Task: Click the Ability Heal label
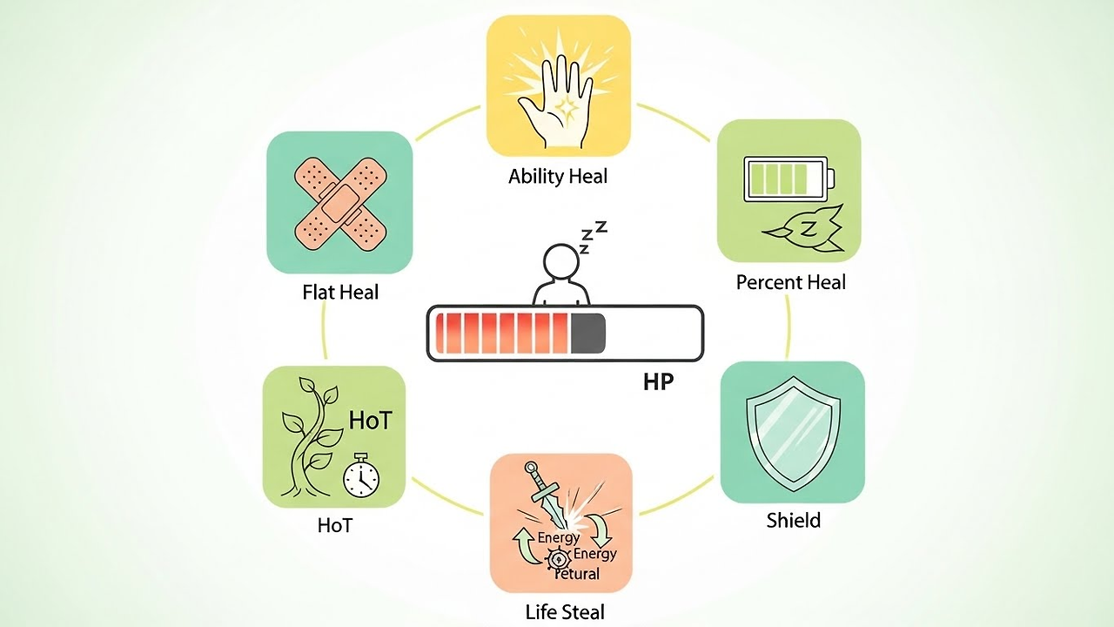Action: (558, 177)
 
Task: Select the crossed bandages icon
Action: (339, 202)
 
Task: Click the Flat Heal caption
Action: (340, 293)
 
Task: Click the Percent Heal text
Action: (790, 282)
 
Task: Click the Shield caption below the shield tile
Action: (793, 521)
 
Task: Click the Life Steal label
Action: (565, 611)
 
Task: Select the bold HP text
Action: (658, 381)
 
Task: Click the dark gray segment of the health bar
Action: (587, 334)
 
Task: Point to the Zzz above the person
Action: (593, 237)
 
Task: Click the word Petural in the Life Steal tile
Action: (578, 573)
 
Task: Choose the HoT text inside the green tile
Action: (370, 421)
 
